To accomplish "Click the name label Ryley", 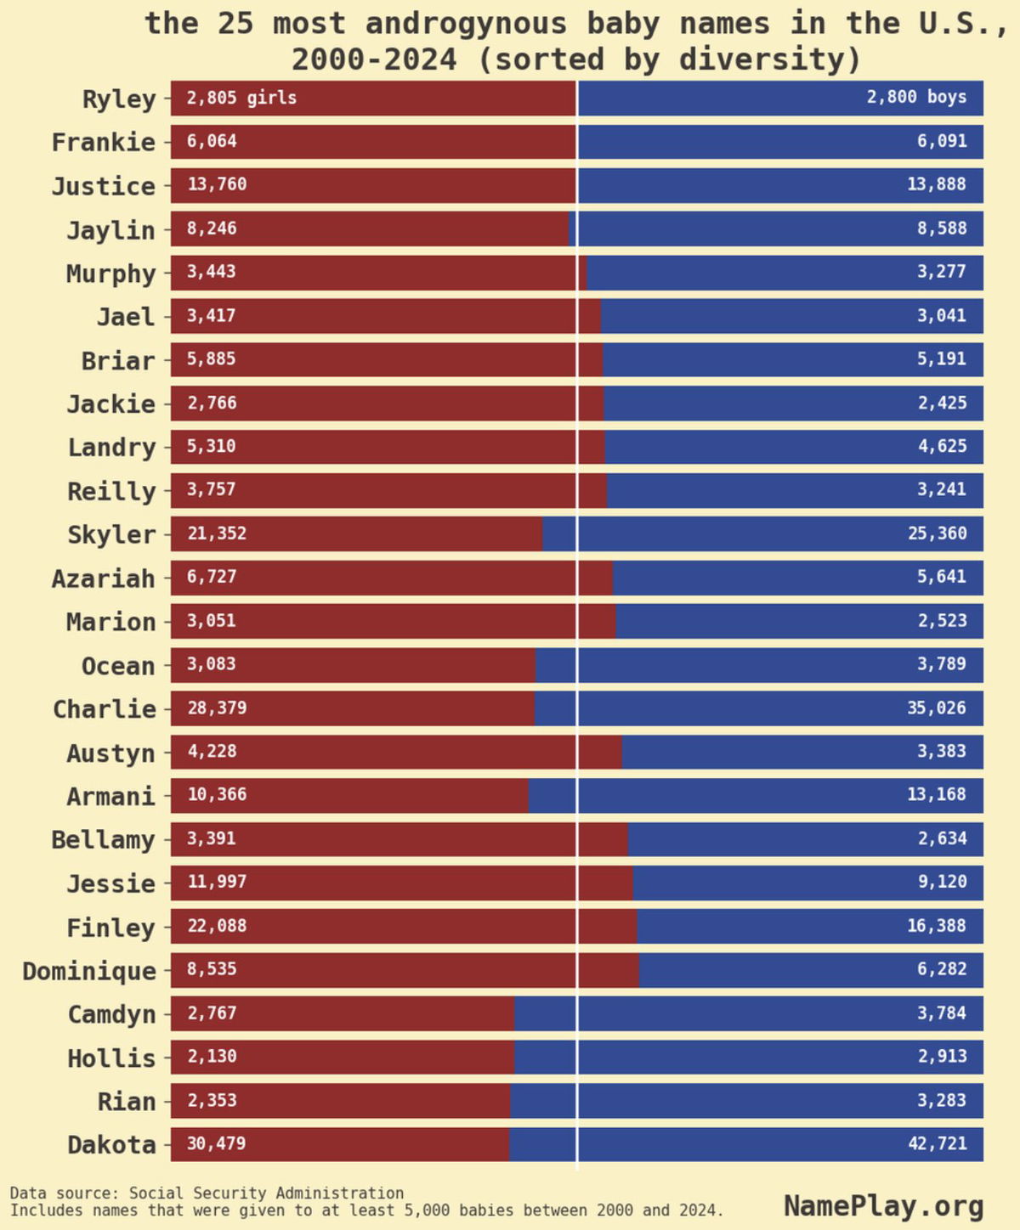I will click(x=119, y=99).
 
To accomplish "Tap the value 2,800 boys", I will click(x=916, y=97).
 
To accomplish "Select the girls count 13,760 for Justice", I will click(x=217, y=184).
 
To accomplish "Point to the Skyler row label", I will click(x=111, y=535).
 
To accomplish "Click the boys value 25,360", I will click(x=937, y=533).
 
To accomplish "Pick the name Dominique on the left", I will click(x=89, y=971).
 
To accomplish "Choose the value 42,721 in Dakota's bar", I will click(x=937, y=1143).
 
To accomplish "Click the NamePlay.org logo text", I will click(x=883, y=1205).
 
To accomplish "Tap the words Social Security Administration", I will click(x=266, y=1193).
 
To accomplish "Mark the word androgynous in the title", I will click(x=466, y=24).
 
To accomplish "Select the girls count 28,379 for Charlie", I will click(x=217, y=708).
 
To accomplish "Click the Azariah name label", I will click(x=103, y=578).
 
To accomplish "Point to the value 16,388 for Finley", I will click(x=937, y=926).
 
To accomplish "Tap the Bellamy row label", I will click(x=103, y=840).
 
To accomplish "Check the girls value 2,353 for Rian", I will click(x=212, y=1100).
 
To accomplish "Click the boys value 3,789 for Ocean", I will click(x=941, y=663).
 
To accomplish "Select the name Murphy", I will click(x=111, y=274).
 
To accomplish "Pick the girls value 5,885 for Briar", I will click(x=212, y=358).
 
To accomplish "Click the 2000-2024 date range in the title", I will click(x=374, y=59).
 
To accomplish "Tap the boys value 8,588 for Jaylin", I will click(x=941, y=229).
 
